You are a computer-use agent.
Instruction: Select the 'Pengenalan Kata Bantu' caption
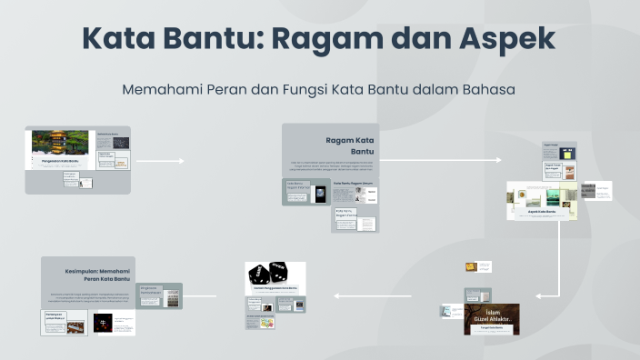[60, 161]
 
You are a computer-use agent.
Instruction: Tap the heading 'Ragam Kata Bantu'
[350, 145]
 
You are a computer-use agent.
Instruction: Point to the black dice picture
[273, 273]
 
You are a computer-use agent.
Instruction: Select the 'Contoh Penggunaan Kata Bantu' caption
[275, 288]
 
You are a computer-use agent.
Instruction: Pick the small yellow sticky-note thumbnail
[471, 267]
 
